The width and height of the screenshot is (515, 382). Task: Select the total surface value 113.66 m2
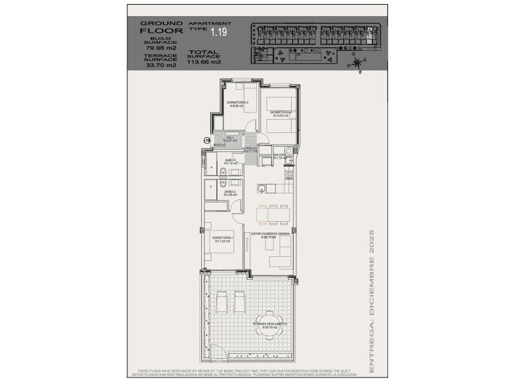204,61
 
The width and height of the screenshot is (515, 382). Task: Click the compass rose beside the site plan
358,60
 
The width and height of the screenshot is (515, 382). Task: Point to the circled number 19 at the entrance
207,140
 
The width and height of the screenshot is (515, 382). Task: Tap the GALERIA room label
280,156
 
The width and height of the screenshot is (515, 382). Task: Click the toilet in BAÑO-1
222,174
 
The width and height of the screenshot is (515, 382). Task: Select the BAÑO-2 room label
231,193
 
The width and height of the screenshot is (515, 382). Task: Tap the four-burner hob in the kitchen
289,176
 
